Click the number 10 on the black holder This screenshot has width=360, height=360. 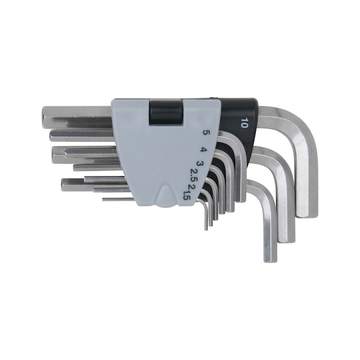tap(244, 122)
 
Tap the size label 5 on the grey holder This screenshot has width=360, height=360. tap(206, 133)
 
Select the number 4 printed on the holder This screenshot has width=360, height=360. tap(203, 150)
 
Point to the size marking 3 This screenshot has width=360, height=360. tap(199, 163)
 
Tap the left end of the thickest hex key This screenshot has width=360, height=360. tap(45, 117)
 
